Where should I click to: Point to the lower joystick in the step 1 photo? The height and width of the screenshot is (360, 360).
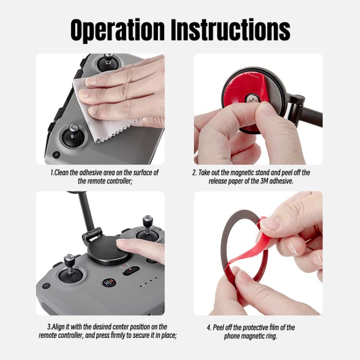tap(73, 134)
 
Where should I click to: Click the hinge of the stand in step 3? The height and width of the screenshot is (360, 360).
tap(92, 235)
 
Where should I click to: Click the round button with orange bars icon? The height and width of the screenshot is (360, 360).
tap(109, 282)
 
